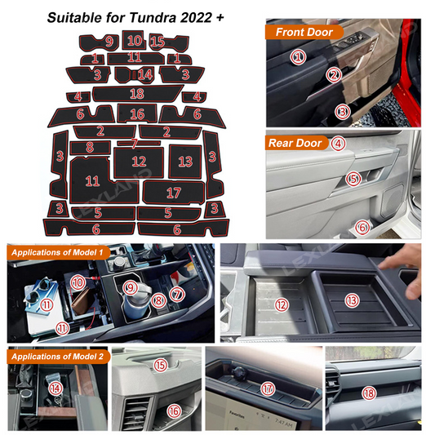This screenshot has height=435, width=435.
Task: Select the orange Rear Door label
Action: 296,143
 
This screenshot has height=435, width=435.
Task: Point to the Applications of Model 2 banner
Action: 56,357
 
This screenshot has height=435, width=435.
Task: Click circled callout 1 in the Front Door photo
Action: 299,57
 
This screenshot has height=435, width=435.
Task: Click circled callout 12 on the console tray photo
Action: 282,304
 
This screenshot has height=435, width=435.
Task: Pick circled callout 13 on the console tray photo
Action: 352,300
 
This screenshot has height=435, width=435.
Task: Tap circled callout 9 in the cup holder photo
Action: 130,287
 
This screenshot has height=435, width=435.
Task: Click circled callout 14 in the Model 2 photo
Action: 55,388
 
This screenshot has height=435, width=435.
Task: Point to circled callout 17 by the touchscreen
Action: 267,388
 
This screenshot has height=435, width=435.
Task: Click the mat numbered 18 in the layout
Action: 136,93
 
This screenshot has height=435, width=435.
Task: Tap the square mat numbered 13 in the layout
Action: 185,162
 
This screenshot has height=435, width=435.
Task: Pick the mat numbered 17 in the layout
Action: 172,193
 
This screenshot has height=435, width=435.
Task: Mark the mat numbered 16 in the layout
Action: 136,114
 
